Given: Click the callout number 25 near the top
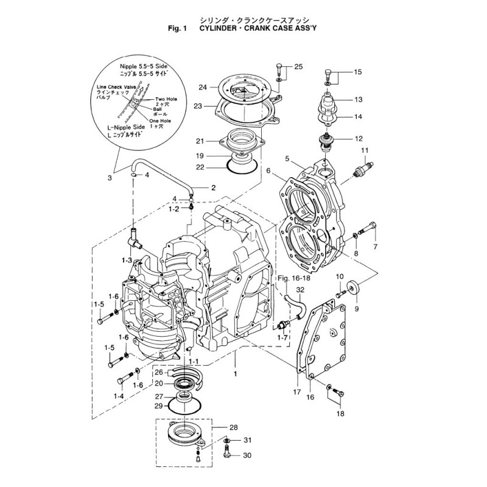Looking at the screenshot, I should tap(298, 66).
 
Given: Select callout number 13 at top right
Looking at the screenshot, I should tap(358, 99).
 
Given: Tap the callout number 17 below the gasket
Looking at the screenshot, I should tap(296, 393).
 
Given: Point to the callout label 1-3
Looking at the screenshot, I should tap(127, 260).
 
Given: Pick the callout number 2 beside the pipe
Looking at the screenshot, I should tap(213, 188).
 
